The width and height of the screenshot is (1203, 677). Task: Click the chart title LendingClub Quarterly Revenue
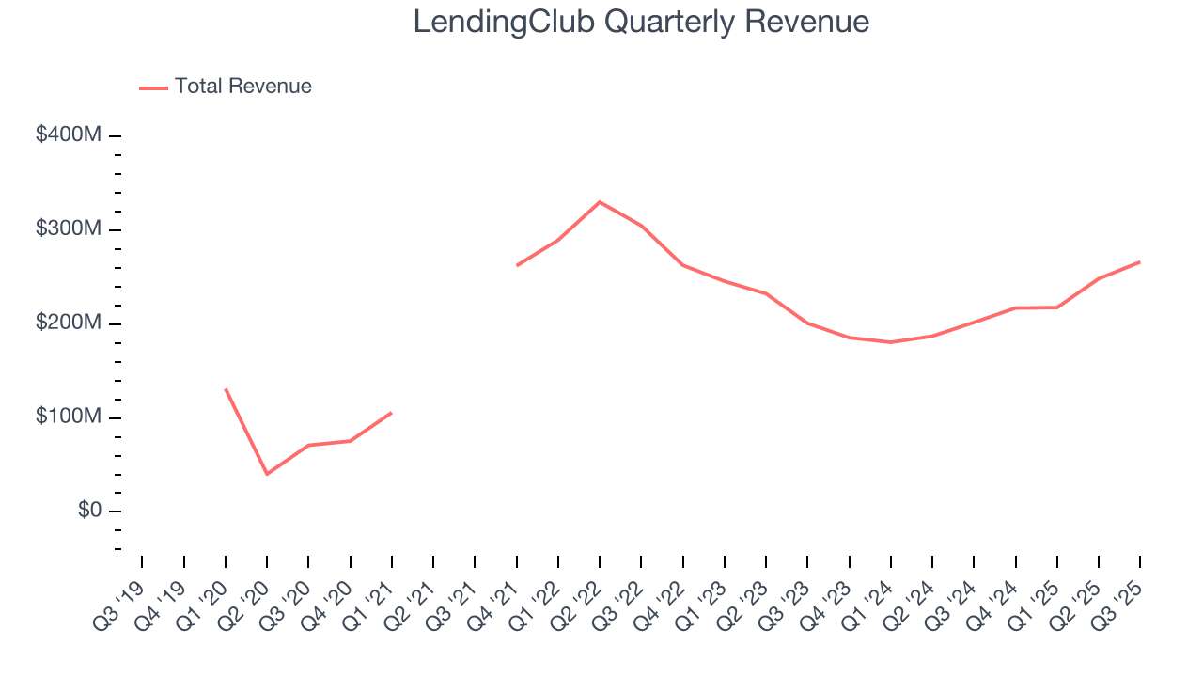coord(641,23)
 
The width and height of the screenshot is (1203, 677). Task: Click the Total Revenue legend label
coord(242,87)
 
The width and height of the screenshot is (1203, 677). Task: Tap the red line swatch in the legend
coord(153,87)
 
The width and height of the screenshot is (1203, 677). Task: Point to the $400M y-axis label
coord(68,135)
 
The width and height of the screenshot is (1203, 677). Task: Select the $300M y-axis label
coord(68,229)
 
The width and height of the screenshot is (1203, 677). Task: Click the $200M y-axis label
coord(68,323)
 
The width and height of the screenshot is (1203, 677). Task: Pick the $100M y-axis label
coord(68,417)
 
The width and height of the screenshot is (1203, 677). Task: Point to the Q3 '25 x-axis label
coord(1122,592)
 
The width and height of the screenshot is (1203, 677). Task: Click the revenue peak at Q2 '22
coord(600,202)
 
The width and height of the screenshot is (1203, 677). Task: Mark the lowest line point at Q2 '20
coord(267,474)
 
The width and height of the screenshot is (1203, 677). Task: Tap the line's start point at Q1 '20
coord(226,389)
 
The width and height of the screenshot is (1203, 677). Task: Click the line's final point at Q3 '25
coord(1140,261)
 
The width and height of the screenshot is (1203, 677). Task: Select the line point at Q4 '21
coord(517,265)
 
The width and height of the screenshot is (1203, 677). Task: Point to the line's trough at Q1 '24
coord(891,342)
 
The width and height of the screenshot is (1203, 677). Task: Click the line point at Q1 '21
coord(392,412)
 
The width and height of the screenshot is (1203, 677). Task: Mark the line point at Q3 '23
coord(807,323)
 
